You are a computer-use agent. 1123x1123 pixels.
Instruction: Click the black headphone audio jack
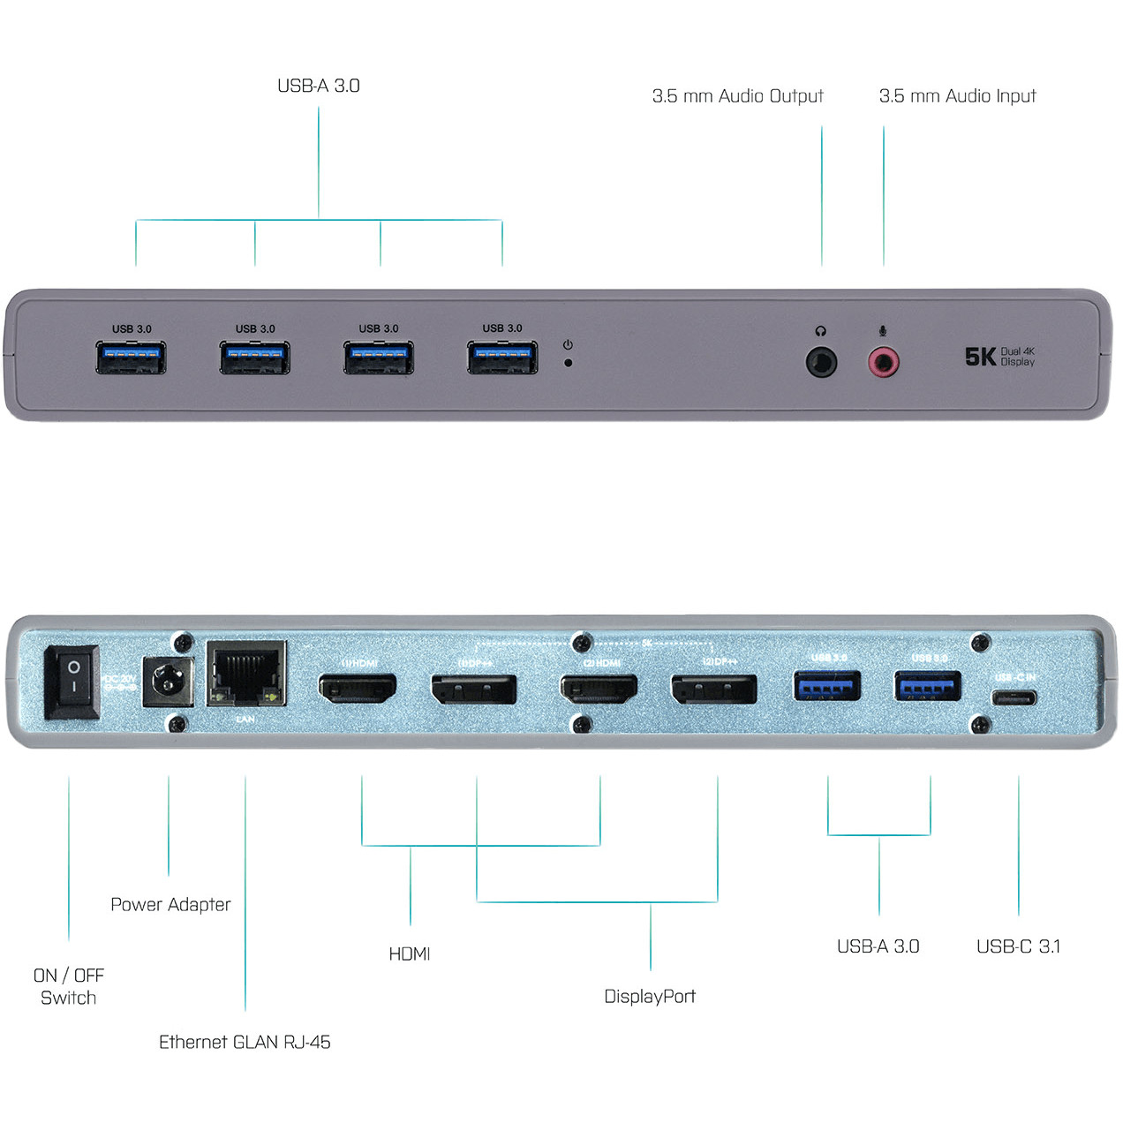821,361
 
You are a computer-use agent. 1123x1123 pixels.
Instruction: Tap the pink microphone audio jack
883,361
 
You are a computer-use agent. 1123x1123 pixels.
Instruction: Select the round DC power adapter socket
167,682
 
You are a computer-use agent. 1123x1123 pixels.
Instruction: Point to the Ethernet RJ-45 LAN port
246,675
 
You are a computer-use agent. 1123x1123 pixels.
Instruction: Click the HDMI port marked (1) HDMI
358,689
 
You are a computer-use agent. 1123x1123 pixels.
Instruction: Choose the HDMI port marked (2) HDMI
599,689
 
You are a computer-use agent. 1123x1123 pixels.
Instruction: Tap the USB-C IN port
1013,698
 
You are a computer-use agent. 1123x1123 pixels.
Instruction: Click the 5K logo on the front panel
980,357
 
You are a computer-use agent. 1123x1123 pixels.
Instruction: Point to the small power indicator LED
568,362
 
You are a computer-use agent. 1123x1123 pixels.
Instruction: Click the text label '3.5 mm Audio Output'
737,96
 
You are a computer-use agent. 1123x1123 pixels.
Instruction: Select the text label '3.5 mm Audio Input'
957,96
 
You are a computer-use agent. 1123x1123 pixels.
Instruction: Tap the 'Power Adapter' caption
170,905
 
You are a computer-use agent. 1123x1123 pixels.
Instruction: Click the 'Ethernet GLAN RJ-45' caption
245,1043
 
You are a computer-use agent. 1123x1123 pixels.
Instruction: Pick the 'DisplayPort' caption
650,997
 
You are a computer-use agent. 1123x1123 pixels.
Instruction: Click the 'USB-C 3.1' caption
1018,946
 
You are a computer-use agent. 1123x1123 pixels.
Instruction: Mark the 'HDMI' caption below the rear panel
410,954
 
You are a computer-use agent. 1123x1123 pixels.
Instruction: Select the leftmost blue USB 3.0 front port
132,358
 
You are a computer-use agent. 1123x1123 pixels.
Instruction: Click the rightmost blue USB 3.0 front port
502,358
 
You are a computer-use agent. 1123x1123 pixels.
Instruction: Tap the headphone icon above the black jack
821,331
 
